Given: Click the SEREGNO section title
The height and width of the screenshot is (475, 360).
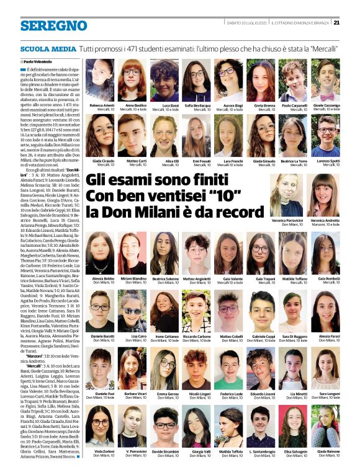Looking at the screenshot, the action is [x=54, y=25].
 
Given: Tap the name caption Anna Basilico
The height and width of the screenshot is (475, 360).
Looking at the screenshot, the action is [x=136, y=106].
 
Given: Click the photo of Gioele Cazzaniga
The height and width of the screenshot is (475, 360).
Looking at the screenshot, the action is [x=325, y=81].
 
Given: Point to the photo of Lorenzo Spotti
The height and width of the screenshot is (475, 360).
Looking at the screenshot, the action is [x=325, y=136].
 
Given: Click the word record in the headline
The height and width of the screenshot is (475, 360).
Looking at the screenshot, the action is [x=240, y=211].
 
